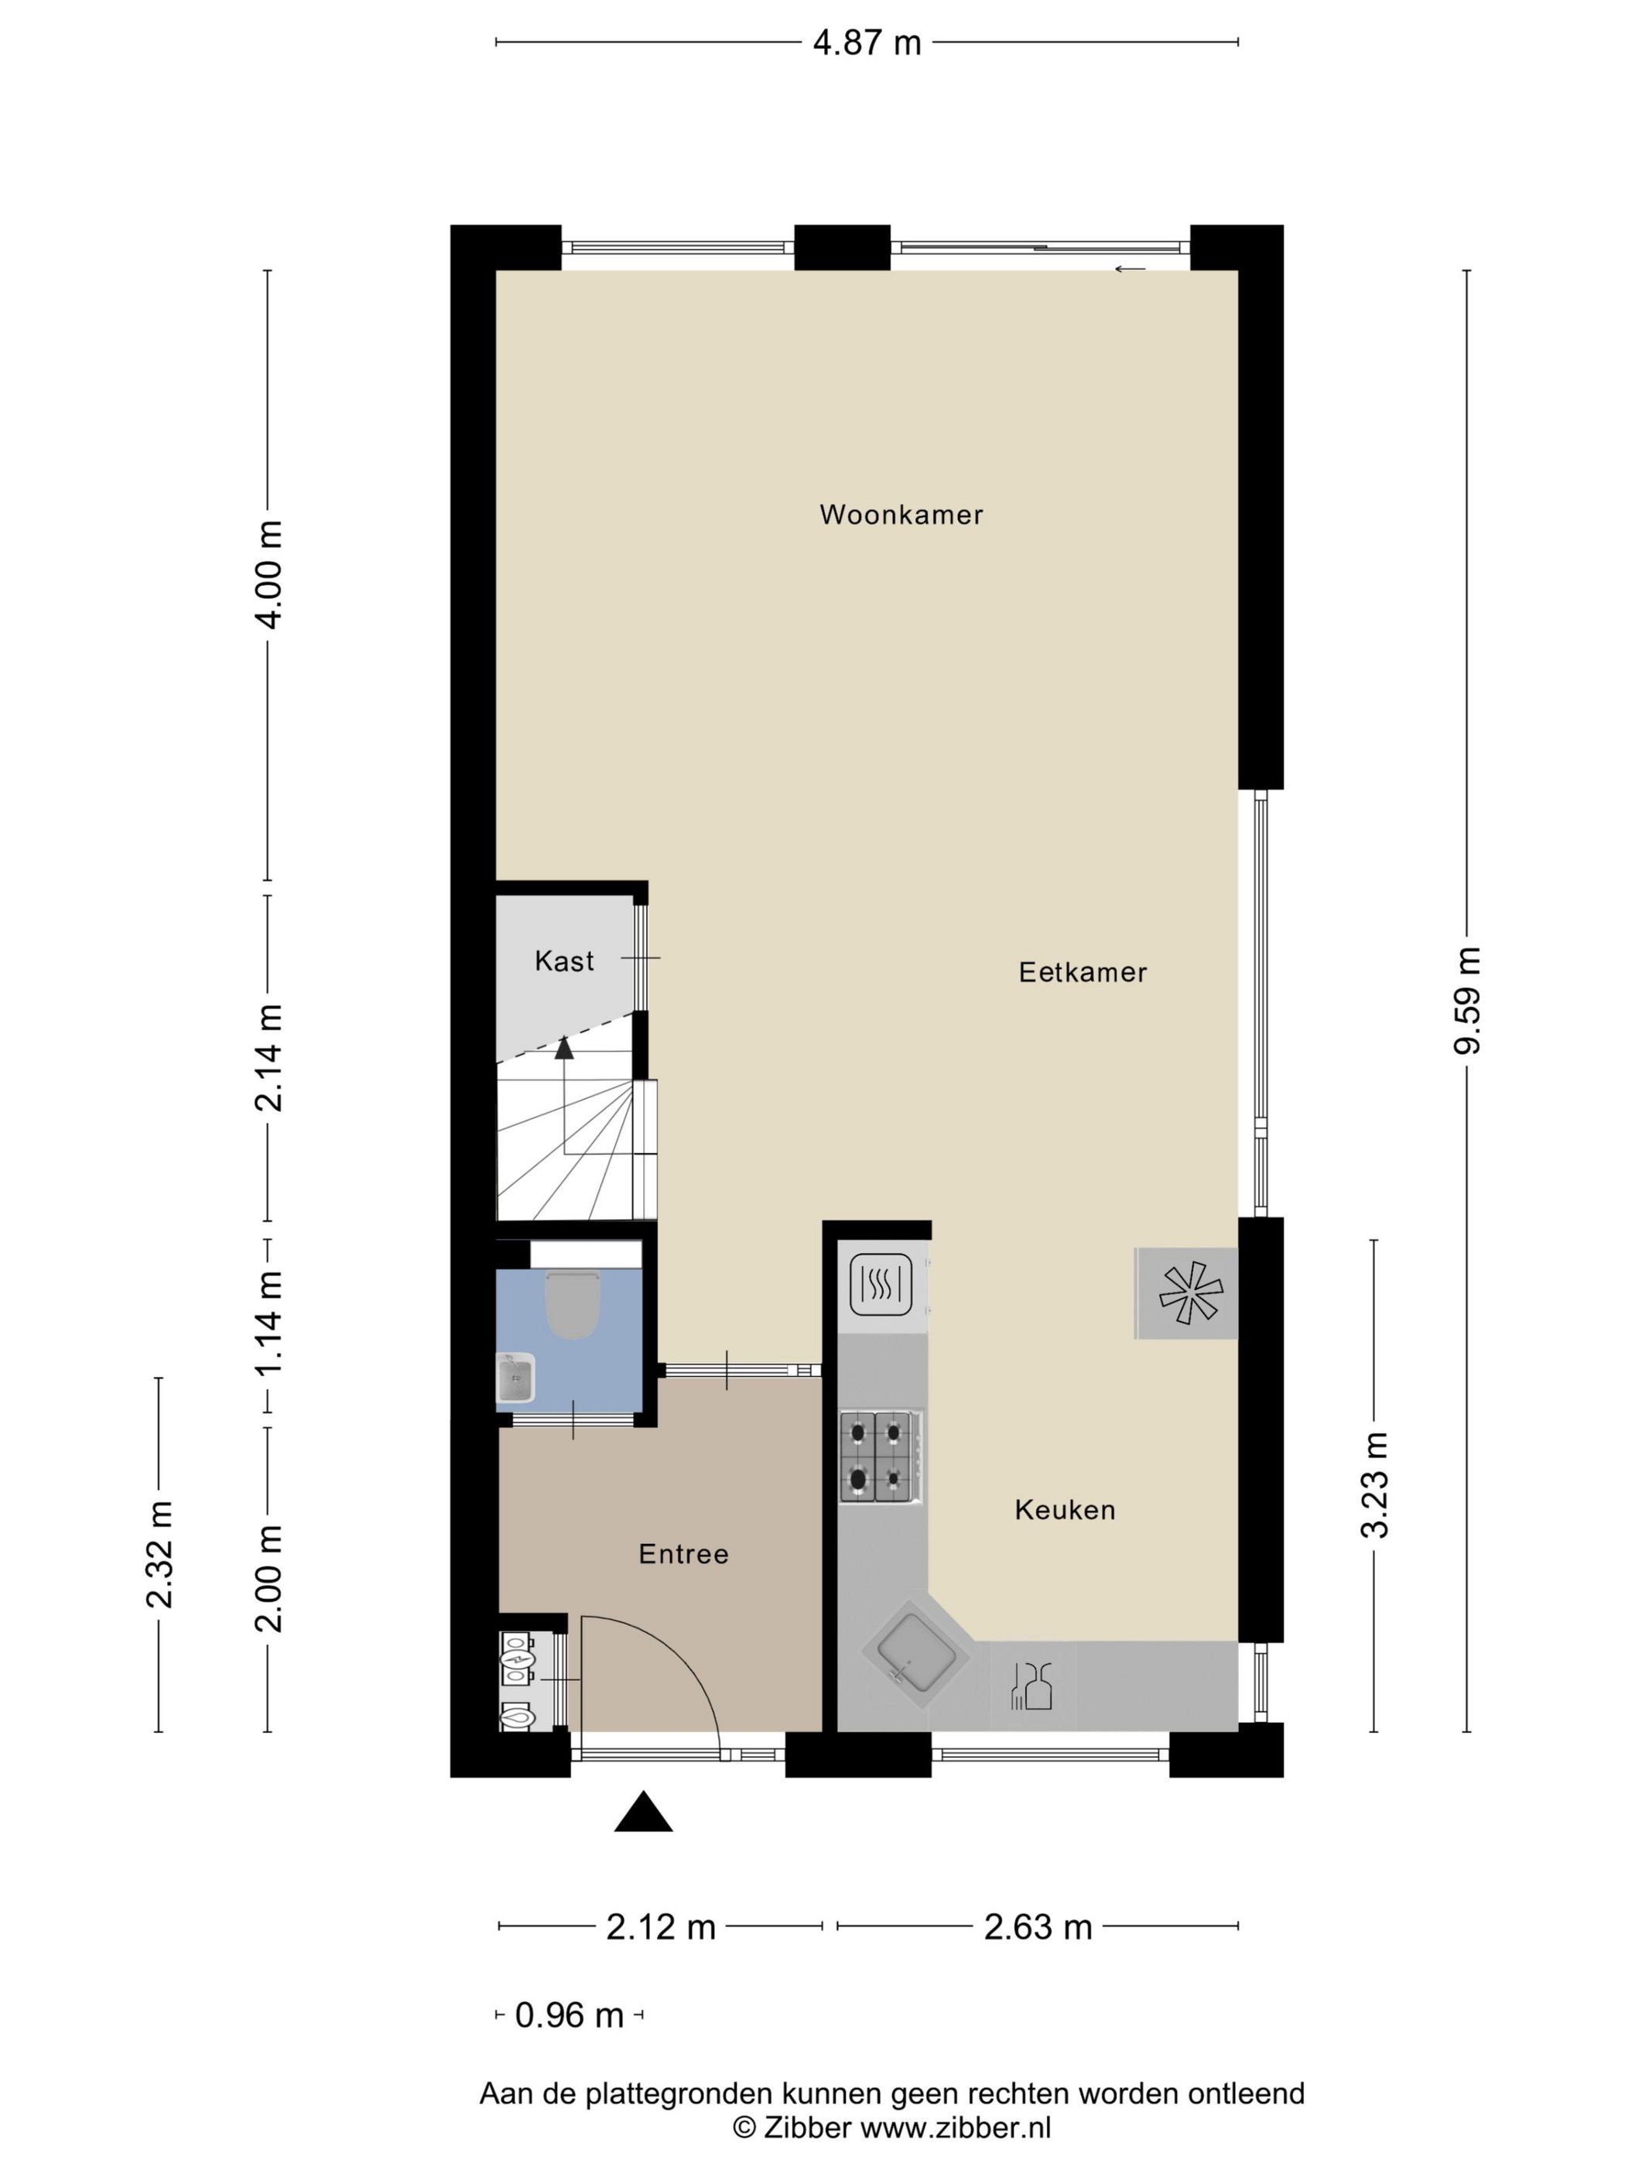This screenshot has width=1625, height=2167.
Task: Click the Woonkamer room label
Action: click(900, 515)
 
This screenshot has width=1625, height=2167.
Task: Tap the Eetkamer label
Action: click(1081, 973)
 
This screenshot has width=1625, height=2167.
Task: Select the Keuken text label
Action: click(1065, 1510)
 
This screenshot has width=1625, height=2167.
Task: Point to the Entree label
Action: click(682, 1555)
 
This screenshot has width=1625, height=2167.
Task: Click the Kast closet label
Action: click(564, 961)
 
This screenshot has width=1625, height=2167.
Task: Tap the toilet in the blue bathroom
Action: click(572, 1306)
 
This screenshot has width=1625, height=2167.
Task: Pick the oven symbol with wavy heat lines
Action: click(881, 1284)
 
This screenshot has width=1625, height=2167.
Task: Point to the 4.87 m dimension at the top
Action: click(866, 43)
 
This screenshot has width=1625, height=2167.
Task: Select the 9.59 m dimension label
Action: click(1466, 1000)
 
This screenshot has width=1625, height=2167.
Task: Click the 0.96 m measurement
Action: click(569, 2016)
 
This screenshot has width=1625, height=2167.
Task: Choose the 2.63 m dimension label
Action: click(1038, 1927)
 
